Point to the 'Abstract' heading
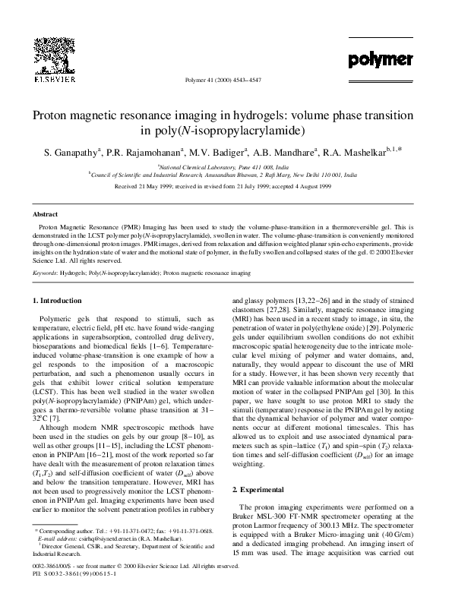pyautogui.click(x=47, y=215)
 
